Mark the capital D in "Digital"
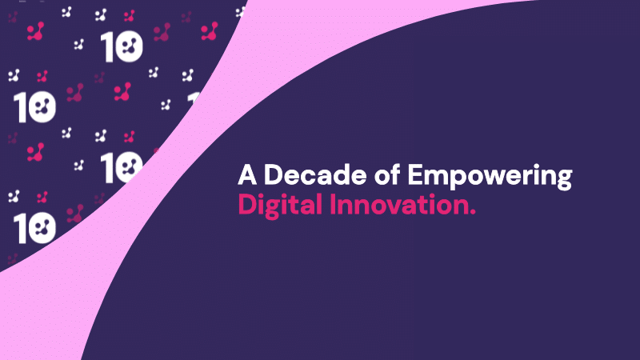pyautogui.click(x=246, y=205)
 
